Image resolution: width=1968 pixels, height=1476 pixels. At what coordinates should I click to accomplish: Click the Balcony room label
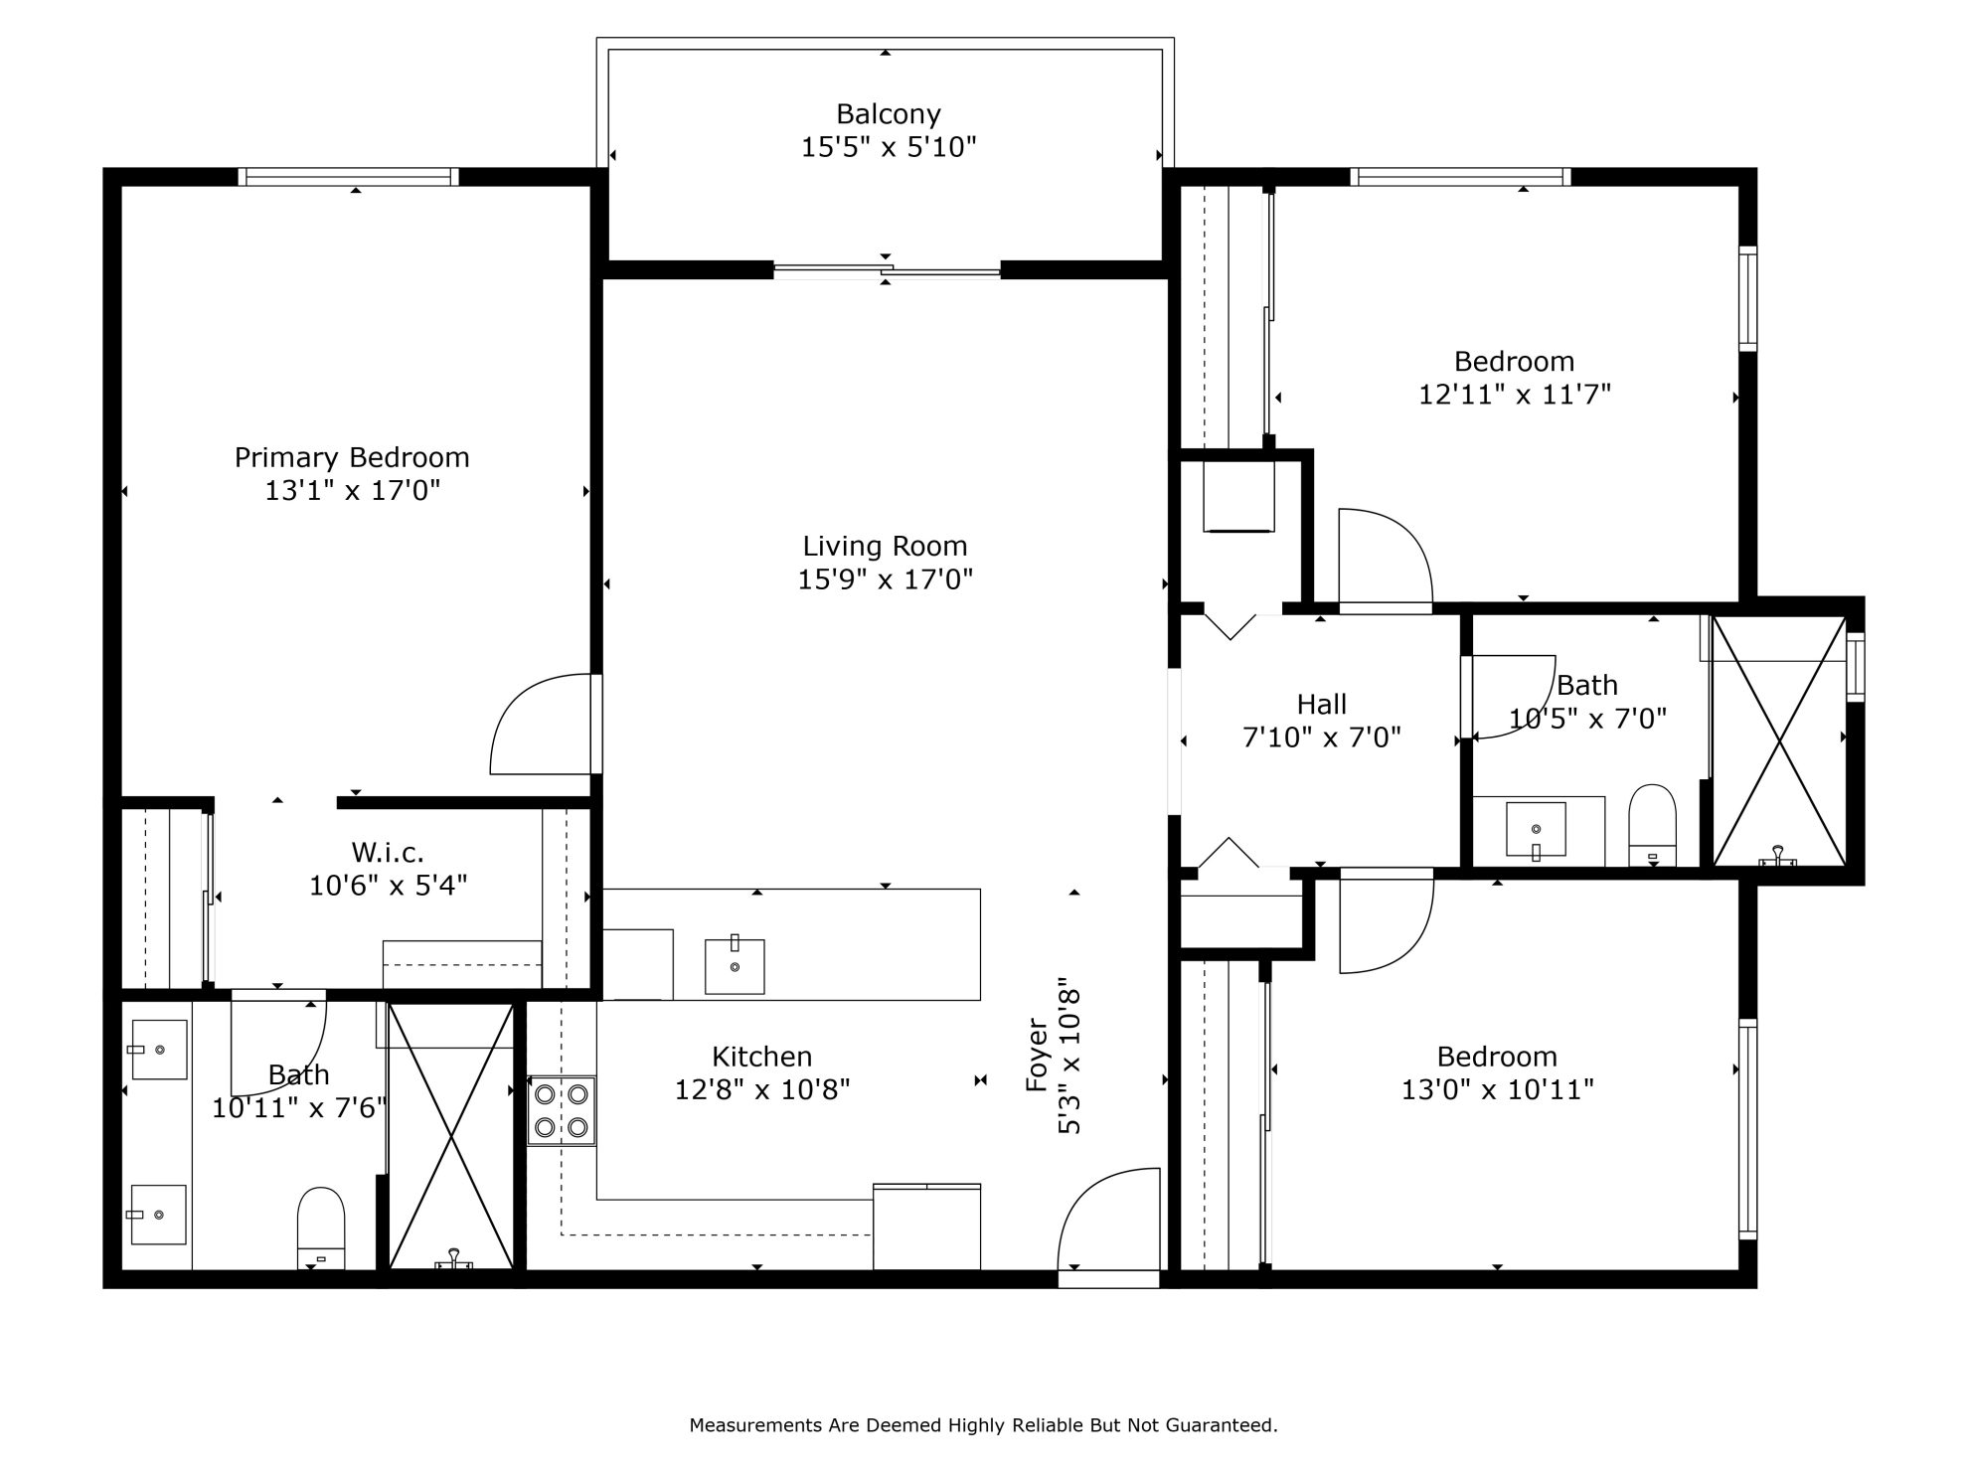coord(888,114)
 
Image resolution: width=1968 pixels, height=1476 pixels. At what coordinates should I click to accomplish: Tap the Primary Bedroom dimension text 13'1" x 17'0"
coord(352,490)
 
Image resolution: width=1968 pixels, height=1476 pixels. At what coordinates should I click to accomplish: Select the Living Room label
coord(885,546)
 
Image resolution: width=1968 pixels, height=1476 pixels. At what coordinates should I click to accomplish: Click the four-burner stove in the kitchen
coord(562,1111)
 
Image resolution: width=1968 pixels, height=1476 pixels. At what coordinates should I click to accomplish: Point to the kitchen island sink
coord(735,965)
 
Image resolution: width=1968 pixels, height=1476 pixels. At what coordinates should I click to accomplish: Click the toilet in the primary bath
coord(321,1228)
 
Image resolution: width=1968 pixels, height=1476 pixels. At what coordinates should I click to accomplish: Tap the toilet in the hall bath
coord(1652,825)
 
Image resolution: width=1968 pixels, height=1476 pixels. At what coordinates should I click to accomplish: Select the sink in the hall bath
coord(1536,829)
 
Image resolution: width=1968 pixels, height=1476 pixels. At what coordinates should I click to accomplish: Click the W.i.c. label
coord(388,852)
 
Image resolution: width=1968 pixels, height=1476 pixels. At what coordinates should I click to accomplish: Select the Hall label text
coord(1321,705)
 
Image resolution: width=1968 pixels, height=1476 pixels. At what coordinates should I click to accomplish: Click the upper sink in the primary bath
coord(159,1050)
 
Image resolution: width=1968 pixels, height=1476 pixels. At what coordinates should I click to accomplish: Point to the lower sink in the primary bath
coord(159,1214)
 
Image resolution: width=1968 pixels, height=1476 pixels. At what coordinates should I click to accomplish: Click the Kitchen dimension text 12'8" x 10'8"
coord(762,1090)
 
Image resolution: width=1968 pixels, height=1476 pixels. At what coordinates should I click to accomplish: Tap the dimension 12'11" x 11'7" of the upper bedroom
coord(1514,395)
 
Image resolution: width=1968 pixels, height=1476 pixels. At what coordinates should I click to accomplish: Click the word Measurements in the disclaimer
coord(757,1425)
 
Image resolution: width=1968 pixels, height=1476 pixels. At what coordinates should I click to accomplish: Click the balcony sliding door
coord(887,269)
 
